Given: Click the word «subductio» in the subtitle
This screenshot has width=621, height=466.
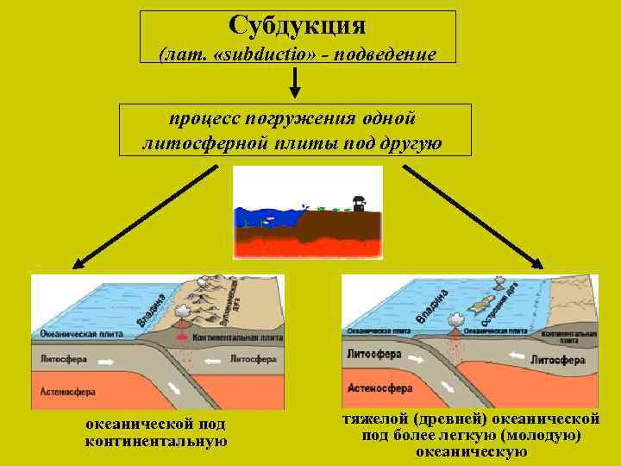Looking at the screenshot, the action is pos(250,54).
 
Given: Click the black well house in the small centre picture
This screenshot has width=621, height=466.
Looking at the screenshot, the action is pos(358,202).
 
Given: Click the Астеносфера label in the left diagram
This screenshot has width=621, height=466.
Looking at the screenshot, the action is pos(68,391).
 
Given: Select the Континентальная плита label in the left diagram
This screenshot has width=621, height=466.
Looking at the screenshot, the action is pos(236,337).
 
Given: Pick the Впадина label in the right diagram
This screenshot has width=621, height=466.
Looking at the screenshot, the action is pos(432,305).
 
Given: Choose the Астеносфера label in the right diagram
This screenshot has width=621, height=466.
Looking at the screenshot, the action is pos(380,388).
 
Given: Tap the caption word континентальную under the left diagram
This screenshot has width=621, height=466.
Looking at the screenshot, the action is pos(156,441).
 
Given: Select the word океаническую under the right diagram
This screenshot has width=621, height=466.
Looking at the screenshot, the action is pos(471,450).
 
